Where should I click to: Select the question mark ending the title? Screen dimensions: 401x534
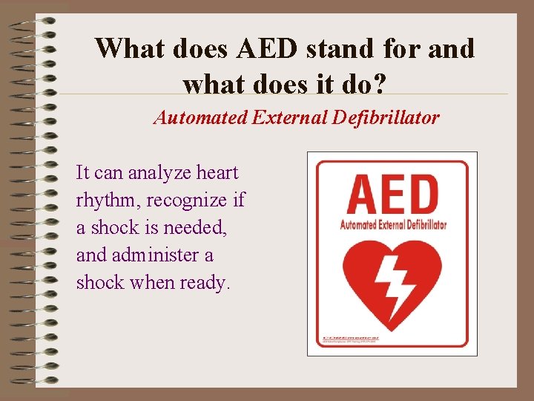coord(378,84)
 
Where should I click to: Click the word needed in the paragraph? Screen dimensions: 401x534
coord(199,228)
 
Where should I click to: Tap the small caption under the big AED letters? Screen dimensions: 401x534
coord(392,224)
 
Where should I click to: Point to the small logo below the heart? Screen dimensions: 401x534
coord(350,339)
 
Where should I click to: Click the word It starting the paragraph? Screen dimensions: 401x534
coord(83,173)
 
